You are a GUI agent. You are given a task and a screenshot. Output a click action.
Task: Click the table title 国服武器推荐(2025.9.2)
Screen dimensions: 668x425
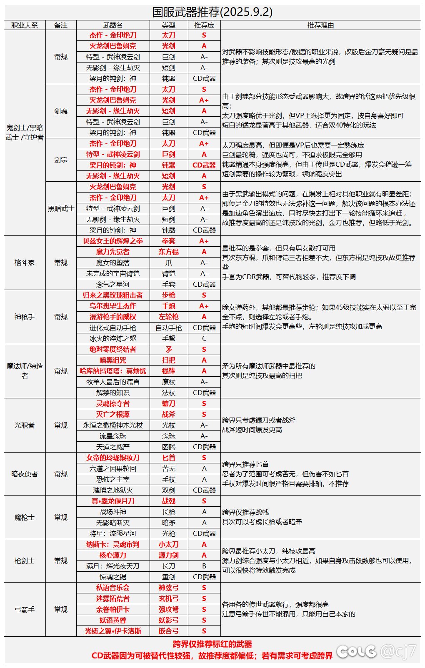(x=212, y=12)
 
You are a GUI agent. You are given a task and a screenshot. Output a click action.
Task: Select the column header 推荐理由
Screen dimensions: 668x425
(x=320, y=25)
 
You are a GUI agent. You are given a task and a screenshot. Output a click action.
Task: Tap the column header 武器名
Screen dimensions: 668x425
(x=113, y=25)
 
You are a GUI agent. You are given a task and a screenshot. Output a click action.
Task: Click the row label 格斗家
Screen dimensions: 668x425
(x=25, y=263)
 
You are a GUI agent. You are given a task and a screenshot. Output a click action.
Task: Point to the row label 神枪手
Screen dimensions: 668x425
(x=25, y=317)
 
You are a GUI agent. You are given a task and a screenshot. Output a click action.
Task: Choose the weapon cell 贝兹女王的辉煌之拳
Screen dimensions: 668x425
(x=113, y=241)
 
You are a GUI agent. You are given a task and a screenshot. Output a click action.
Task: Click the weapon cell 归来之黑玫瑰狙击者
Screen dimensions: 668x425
(x=113, y=295)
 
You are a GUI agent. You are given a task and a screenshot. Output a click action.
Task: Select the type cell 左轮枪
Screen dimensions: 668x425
(x=168, y=317)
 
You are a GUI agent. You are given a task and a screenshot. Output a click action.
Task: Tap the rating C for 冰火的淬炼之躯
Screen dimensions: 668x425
(x=204, y=338)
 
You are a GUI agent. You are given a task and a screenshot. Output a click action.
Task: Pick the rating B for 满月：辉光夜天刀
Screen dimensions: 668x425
(x=204, y=566)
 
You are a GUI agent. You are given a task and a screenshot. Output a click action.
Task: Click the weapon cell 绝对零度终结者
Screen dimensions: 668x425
(x=113, y=349)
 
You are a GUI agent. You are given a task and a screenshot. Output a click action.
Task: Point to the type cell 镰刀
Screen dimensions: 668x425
(x=168, y=403)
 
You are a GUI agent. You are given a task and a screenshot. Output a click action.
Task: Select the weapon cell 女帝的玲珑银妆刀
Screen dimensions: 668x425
(x=113, y=458)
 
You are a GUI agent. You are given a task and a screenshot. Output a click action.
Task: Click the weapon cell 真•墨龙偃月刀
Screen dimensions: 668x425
(x=113, y=501)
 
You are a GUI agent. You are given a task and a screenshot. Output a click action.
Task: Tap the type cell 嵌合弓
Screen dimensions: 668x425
(x=168, y=631)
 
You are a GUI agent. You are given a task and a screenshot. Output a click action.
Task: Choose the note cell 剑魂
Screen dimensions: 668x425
(x=61, y=111)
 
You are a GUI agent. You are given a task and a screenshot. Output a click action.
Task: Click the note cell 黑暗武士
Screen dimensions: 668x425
(x=61, y=208)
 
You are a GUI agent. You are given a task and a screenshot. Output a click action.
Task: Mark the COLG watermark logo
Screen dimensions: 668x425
(x=356, y=651)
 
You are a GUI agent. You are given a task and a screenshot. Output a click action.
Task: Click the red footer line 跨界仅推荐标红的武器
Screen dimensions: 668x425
(x=212, y=644)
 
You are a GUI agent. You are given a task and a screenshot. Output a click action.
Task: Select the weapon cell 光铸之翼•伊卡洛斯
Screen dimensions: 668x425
(x=113, y=631)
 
